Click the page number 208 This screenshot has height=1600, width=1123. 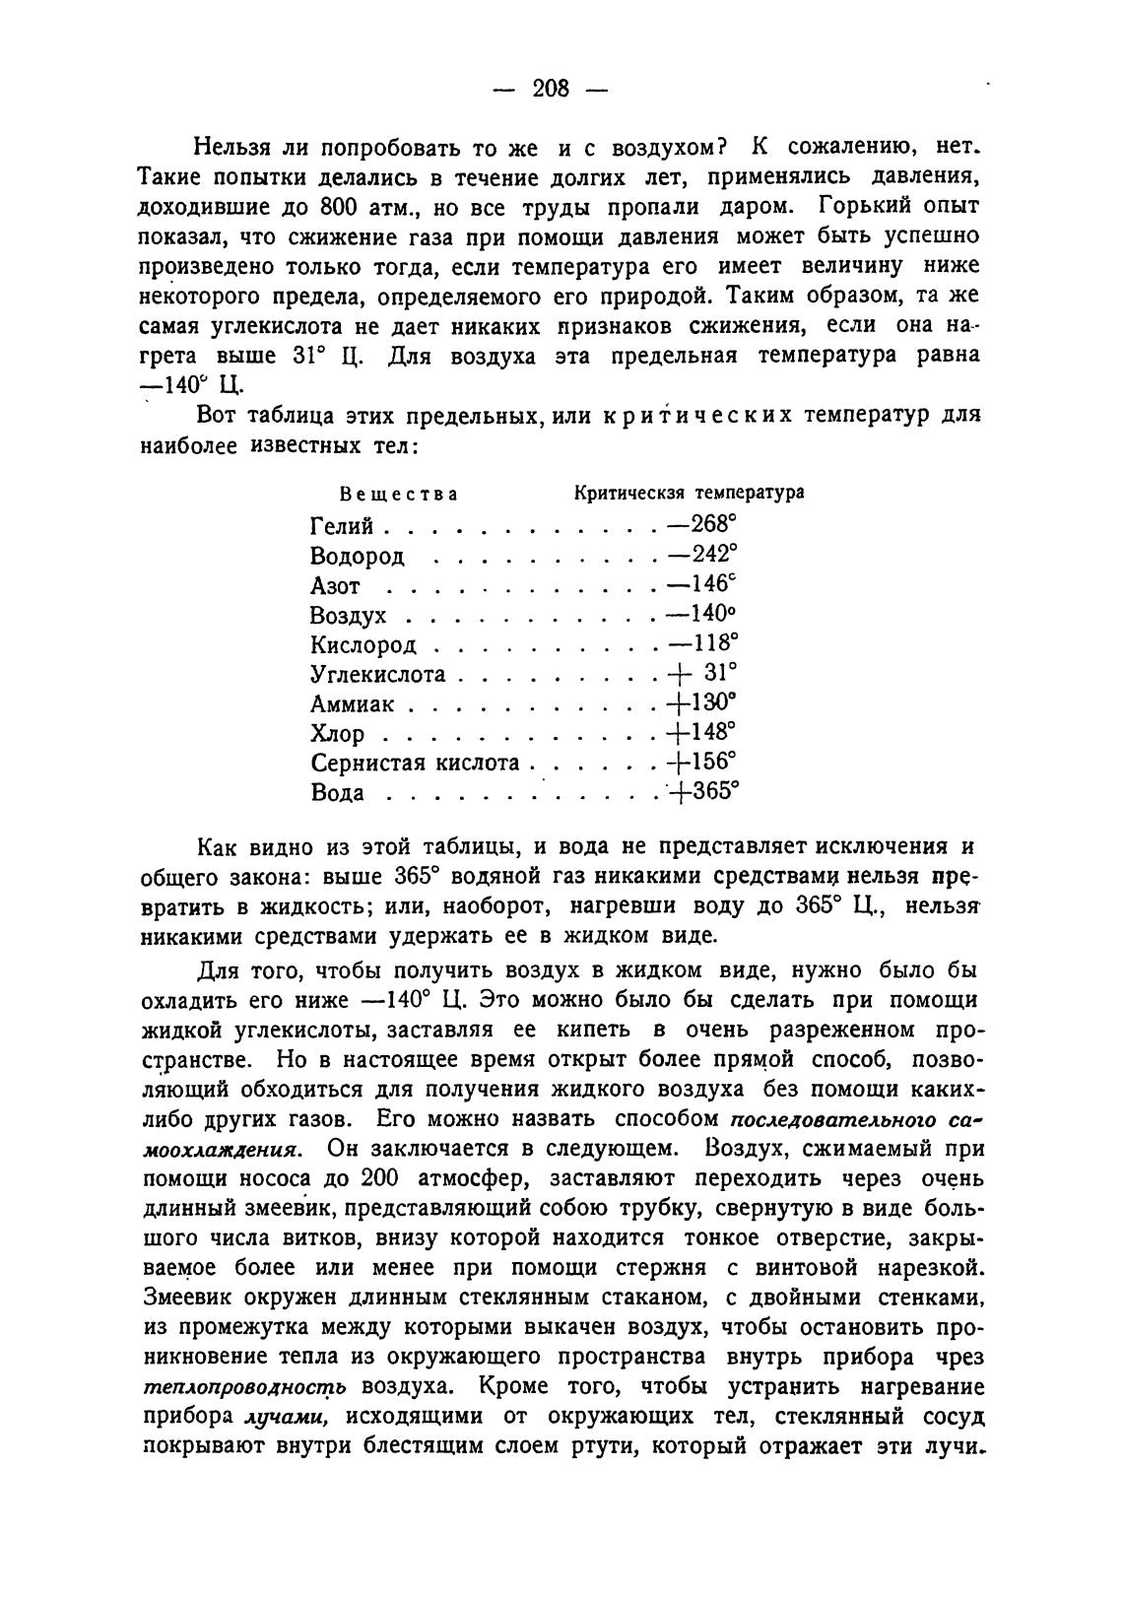[551, 89]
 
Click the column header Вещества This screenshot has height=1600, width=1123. [398, 493]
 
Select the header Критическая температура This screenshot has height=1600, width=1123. [689, 492]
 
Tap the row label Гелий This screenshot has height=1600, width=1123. [342, 526]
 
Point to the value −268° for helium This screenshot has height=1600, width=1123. [701, 524]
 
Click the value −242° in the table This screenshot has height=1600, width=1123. [701, 554]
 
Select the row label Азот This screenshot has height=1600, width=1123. [335, 585]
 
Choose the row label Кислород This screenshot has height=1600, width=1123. [363, 644]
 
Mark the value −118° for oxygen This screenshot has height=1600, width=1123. [701, 642]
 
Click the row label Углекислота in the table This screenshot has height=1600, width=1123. [378, 674]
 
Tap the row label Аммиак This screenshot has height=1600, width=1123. [352, 703]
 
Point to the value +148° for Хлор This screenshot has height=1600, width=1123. [701, 732]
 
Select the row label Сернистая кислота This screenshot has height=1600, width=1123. [415, 763]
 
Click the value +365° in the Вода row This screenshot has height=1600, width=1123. [703, 792]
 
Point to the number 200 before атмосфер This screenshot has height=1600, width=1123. [381, 1178]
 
